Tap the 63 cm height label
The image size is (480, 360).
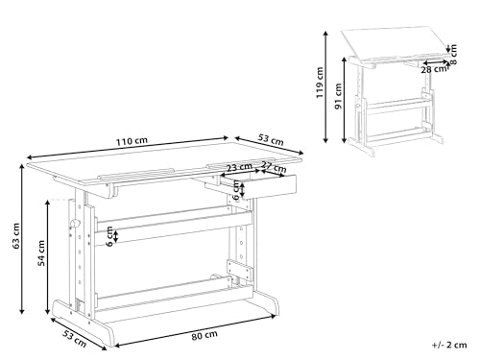tap(9, 244)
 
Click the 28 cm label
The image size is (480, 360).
tap(434, 68)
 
